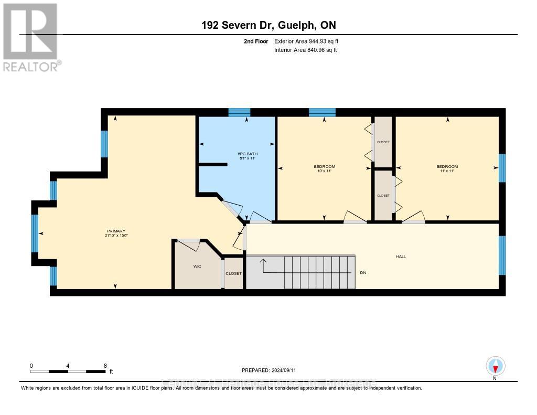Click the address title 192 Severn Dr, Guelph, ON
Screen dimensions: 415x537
pyautogui.click(x=268, y=25)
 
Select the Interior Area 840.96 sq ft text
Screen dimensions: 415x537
pyautogui.click(x=306, y=50)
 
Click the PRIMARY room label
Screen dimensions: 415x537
pyautogui.click(x=116, y=231)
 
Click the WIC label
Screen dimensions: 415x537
pyautogui.click(x=197, y=267)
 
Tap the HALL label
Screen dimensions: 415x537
pyautogui.click(x=401, y=257)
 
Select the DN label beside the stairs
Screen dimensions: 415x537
pyautogui.click(x=363, y=273)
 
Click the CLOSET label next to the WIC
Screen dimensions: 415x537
pyautogui.click(x=233, y=274)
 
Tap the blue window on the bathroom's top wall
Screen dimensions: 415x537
pyautogui.click(x=239, y=112)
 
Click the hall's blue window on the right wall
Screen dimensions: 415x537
pyautogui.click(x=502, y=256)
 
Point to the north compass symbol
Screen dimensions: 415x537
pyautogui.click(x=495, y=366)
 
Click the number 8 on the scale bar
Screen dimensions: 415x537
pyautogui.click(x=105, y=366)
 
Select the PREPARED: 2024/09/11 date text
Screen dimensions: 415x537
pyautogui.click(x=272, y=370)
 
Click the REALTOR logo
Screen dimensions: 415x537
pyautogui.click(x=31, y=37)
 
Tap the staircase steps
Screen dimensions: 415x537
pyautogui.click(x=320, y=272)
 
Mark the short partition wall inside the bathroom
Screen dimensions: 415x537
pyautogui.click(x=213, y=164)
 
